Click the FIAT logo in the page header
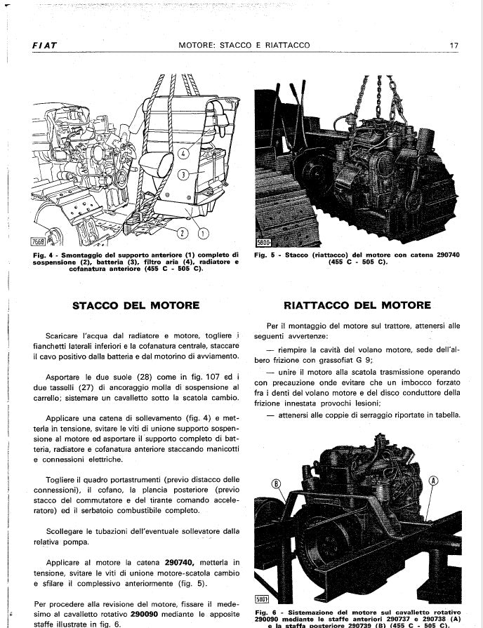click(x=44, y=46)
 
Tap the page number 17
click(x=454, y=46)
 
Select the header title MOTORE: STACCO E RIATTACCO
click(x=244, y=46)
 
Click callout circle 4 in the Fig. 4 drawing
click(x=184, y=152)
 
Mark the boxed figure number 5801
click(x=262, y=601)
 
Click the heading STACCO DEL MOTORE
click(x=135, y=305)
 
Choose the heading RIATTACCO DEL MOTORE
click(x=357, y=305)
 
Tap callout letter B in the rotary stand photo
click(x=275, y=483)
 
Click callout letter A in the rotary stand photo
click(x=432, y=481)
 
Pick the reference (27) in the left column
click(x=88, y=387)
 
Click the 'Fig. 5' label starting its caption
click(x=265, y=255)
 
